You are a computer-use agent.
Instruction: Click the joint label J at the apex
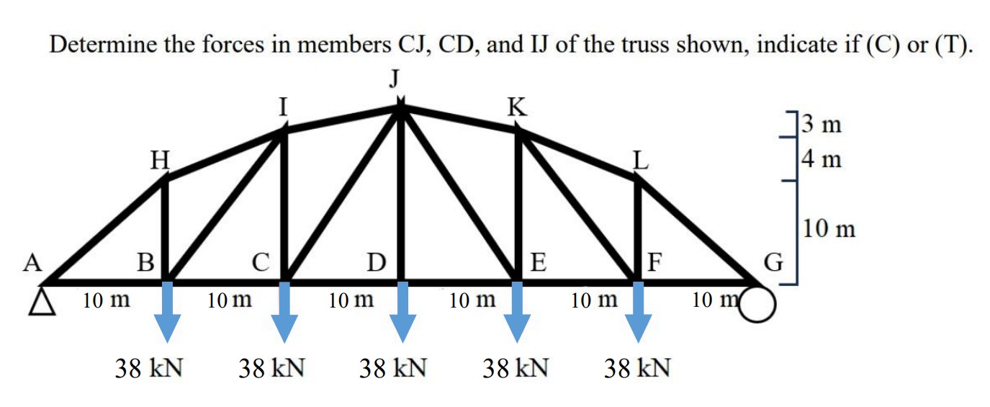(x=395, y=78)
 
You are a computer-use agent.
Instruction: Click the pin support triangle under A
(x=42, y=303)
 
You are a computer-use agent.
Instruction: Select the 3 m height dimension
(x=822, y=125)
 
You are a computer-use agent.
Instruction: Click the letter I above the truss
(x=284, y=107)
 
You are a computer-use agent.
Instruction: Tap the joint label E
(x=537, y=261)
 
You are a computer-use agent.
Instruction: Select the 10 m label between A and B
(x=106, y=300)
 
